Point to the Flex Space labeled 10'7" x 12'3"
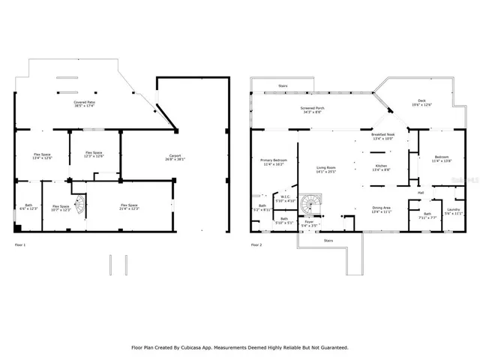point(61,208)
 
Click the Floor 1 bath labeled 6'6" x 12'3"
point(28,207)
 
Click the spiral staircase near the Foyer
point(309,203)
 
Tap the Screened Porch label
point(309,109)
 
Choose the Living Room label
point(325,169)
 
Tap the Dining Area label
point(382,210)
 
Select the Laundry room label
point(452,211)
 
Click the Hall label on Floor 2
point(421,193)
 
